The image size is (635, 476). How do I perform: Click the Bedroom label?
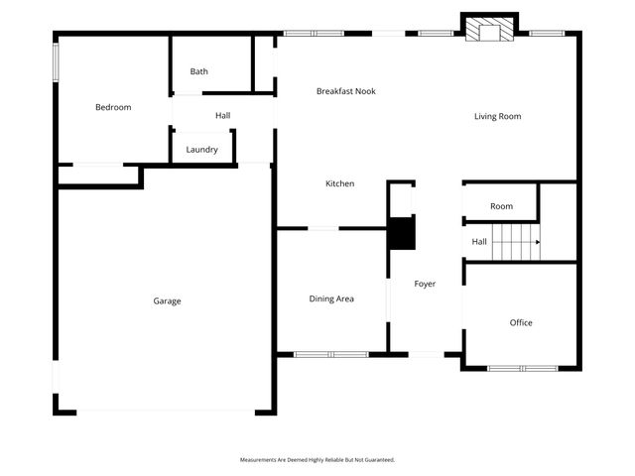coord(113,107)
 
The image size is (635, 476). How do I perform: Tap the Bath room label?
coord(199,71)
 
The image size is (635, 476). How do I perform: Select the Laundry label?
coord(202,150)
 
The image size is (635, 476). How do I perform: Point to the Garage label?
coord(167,300)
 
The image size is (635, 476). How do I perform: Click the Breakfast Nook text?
coord(346,91)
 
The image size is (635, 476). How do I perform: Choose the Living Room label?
coord(497,116)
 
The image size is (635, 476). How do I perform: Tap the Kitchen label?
coord(340,183)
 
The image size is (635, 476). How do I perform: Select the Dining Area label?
coord(331,298)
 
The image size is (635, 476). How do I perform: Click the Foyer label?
coord(425,285)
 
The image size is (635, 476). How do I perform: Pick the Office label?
coord(521,322)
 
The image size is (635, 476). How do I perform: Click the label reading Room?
coord(501,206)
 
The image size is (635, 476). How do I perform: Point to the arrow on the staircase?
coord(537,241)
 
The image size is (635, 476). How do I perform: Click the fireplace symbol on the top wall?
coord(489,30)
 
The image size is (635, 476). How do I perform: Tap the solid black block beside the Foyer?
coord(401,234)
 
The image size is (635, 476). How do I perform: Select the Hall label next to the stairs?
coord(479,241)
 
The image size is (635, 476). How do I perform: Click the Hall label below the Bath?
coord(223,116)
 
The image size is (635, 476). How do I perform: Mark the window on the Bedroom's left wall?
coord(56,62)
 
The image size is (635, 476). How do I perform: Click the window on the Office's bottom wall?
coord(523,369)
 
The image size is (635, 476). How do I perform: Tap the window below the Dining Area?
coord(331,354)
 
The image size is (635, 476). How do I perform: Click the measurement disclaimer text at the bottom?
coord(317,460)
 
